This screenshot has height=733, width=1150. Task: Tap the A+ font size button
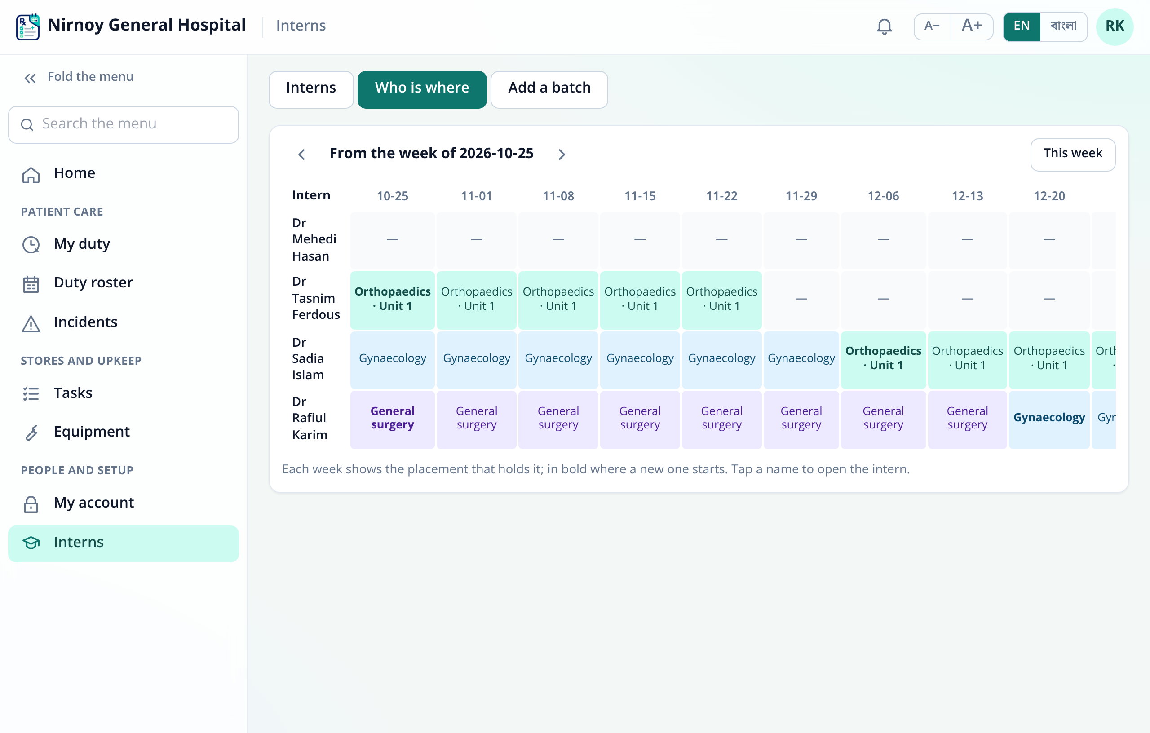[x=972, y=26]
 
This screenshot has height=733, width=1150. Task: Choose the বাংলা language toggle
[x=1063, y=26]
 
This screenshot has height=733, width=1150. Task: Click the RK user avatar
[x=1115, y=26]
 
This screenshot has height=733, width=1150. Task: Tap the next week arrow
[x=562, y=154]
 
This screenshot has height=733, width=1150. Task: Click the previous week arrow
[x=301, y=154]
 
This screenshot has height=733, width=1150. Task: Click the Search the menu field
[x=123, y=124]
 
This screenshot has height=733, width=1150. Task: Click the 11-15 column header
[x=640, y=196]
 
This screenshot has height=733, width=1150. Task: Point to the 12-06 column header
[x=883, y=196]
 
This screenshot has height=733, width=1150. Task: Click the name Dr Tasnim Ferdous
[x=316, y=298]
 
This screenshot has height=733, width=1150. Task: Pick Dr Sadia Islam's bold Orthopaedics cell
[x=883, y=358]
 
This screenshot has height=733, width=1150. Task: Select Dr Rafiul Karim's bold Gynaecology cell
[x=1049, y=418]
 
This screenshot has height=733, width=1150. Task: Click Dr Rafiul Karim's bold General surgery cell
[x=392, y=418]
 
